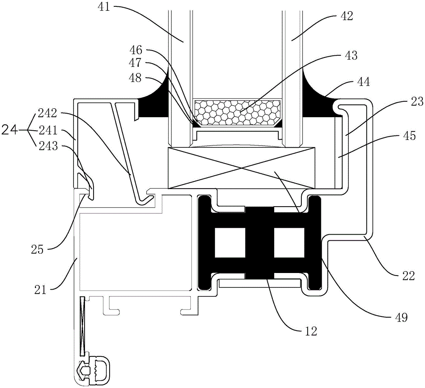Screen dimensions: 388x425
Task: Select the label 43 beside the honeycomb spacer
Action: click(x=351, y=55)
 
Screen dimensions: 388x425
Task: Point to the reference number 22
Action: click(x=408, y=276)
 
